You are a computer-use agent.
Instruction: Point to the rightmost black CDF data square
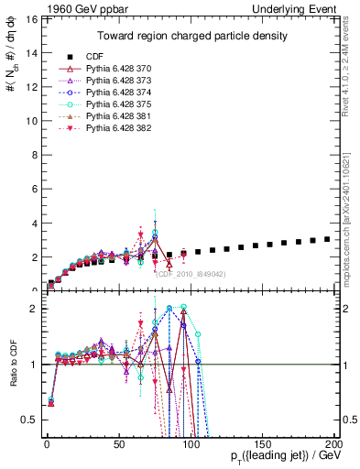pos(327,239)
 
